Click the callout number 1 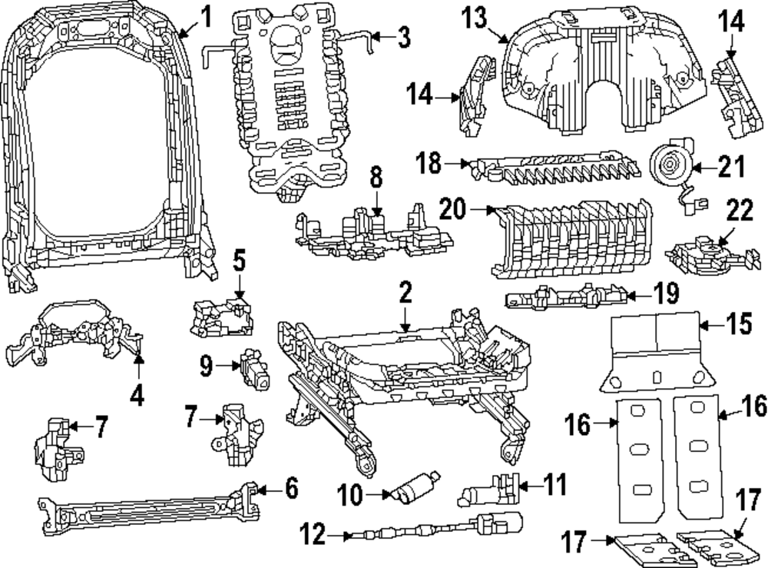click(205, 14)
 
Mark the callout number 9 click(205, 366)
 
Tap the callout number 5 click(239, 262)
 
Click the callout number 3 click(402, 36)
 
